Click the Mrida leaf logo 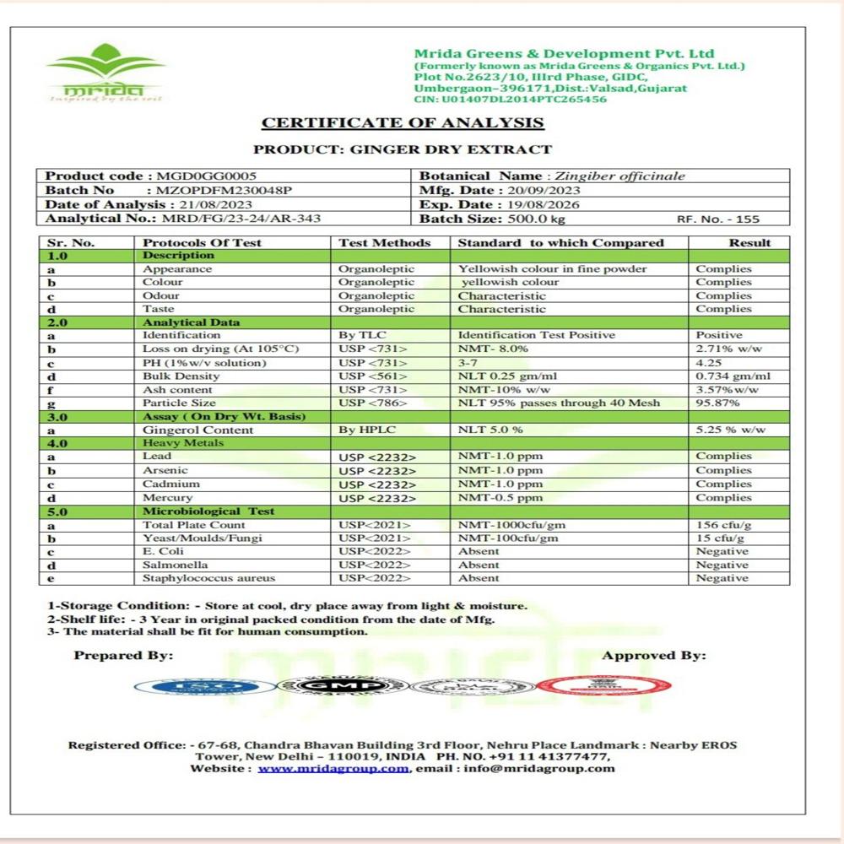click(105, 71)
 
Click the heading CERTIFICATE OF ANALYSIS click(403, 123)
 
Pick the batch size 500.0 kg click(526, 219)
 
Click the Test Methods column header click(385, 243)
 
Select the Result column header click(750, 243)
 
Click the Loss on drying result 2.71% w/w click(727, 349)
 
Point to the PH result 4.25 click(708, 363)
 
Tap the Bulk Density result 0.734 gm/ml click(733, 376)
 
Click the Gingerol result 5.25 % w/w click(731, 430)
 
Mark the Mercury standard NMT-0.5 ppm click(500, 498)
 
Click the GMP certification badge click(343, 685)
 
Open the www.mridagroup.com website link click(333, 769)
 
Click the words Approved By click(654, 655)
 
